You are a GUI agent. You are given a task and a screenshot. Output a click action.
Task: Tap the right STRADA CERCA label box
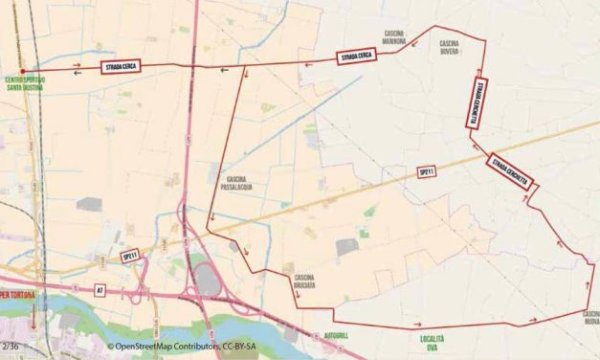click(x=356, y=57)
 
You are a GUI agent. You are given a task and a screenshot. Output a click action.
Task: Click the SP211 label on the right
click(x=427, y=172)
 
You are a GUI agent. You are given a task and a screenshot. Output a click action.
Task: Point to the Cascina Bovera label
click(x=451, y=47)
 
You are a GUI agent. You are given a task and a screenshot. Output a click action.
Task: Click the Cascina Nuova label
click(x=588, y=317)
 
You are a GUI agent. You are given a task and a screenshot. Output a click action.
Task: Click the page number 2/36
click(x=10, y=345)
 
